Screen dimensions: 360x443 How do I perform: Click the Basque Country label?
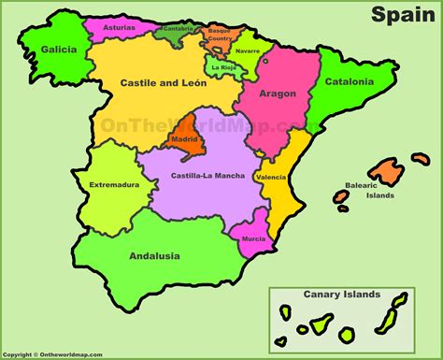pyautogui.click(x=220, y=35)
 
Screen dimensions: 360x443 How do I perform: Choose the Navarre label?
pyautogui.click(x=249, y=50)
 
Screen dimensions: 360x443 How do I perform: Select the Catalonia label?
pyautogui.click(x=349, y=81)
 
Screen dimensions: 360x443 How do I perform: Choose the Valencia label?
pyautogui.click(x=270, y=177)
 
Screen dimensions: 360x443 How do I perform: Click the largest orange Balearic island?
pyautogui.click(x=384, y=170)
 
